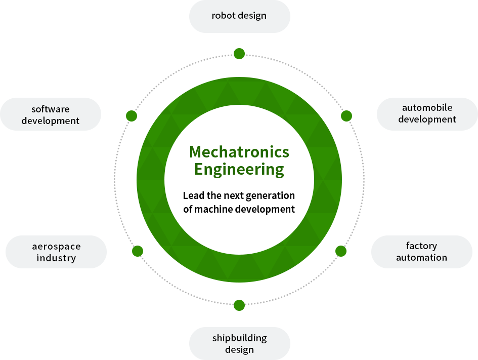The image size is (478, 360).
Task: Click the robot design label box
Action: [x=239, y=17]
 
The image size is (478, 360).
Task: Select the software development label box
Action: [x=51, y=114]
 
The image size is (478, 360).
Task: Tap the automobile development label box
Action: [x=427, y=114]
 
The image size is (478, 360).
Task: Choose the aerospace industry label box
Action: [x=56, y=252]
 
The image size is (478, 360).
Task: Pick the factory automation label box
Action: [x=421, y=252]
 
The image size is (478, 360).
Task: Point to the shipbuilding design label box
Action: [x=239, y=343]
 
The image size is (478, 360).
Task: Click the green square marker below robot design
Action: [x=239, y=54]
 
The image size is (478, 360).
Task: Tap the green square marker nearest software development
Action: [x=132, y=116]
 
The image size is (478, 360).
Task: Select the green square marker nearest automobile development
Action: [x=346, y=116]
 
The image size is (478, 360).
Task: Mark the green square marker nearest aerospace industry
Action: [x=137, y=251]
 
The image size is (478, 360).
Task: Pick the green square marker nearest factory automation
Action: [x=341, y=251]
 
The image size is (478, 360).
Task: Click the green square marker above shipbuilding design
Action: [x=239, y=305]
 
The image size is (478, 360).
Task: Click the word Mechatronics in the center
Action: [x=239, y=151]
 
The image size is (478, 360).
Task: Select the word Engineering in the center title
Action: [x=239, y=169]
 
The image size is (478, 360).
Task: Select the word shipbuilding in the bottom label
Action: [x=239, y=338]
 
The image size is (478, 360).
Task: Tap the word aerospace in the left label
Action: [x=56, y=247]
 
